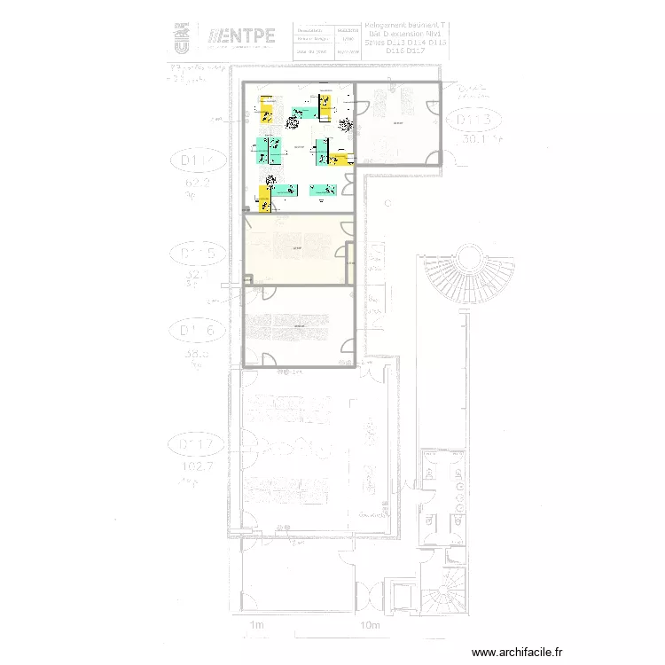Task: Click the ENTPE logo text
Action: pos(241,37)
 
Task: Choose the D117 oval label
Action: pos(197,444)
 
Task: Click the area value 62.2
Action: pos(196,184)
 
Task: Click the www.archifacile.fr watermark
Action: pos(517,652)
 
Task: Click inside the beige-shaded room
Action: pos(297,250)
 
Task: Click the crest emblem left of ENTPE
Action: pos(181,37)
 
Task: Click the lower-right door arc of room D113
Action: pos(433,158)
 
